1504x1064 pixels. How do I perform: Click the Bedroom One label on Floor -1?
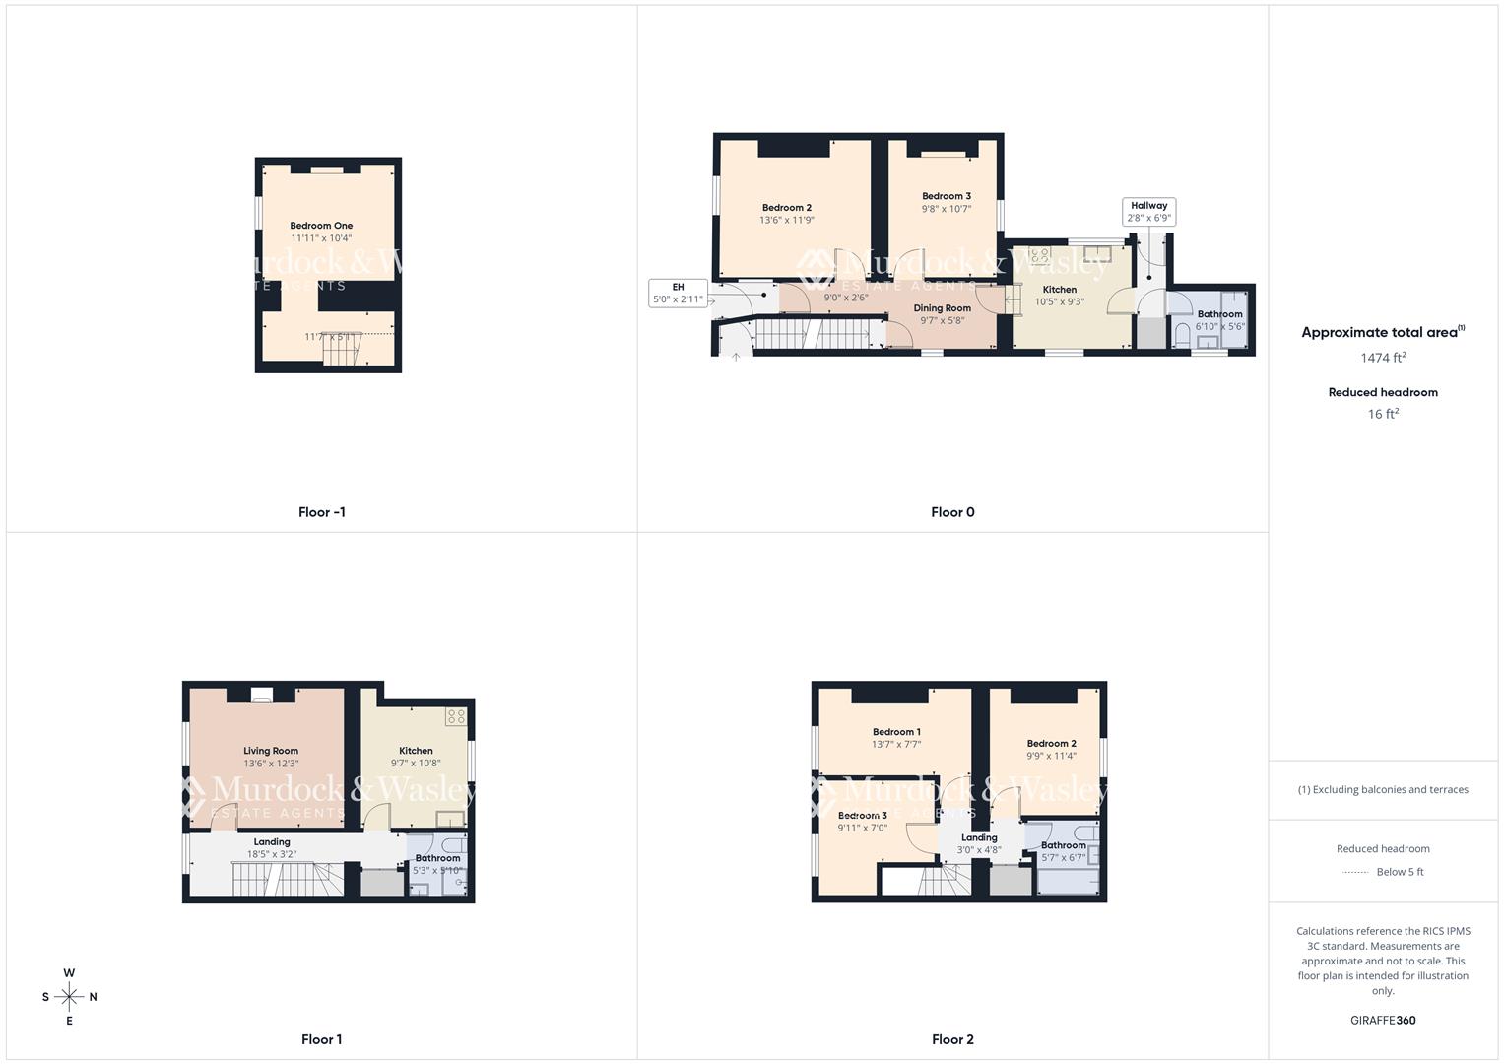click(x=321, y=226)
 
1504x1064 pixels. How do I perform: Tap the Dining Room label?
click(x=942, y=308)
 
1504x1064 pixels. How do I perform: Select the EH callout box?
click(x=678, y=294)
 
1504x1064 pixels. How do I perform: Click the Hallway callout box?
click(x=1148, y=212)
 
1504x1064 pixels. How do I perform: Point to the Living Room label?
click(x=271, y=751)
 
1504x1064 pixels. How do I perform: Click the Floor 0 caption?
click(x=952, y=512)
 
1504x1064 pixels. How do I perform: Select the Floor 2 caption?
click(x=952, y=1039)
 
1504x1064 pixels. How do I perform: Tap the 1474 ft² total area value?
click(x=1383, y=358)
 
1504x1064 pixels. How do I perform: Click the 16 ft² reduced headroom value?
click(x=1383, y=414)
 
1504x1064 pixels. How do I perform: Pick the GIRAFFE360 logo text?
click(x=1383, y=1020)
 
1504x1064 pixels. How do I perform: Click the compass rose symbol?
click(x=69, y=997)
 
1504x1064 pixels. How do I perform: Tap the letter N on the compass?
click(x=94, y=997)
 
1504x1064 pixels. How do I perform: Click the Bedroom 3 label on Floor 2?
click(x=863, y=816)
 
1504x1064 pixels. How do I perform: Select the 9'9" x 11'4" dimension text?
click(x=1051, y=757)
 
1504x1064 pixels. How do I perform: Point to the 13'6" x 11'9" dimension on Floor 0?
click(x=787, y=221)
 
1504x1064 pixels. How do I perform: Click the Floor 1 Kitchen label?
click(x=416, y=751)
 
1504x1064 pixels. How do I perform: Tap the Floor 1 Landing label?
click(x=272, y=842)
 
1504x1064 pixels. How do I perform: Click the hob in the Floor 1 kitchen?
click(x=455, y=716)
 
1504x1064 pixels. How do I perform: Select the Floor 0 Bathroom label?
click(x=1219, y=314)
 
